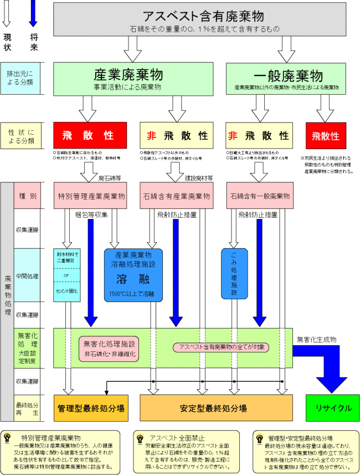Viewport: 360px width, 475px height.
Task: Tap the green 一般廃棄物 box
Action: [287, 78]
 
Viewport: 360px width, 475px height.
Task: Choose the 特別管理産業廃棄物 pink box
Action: [91, 196]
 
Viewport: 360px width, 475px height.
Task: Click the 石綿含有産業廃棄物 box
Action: [177, 196]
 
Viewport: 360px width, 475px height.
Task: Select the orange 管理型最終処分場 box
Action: [91, 408]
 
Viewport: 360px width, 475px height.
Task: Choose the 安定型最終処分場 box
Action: [216, 408]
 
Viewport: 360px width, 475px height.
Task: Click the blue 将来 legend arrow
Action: [33, 14]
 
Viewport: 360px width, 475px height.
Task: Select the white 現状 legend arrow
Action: [8, 14]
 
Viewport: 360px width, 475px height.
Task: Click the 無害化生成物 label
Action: [316, 339]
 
